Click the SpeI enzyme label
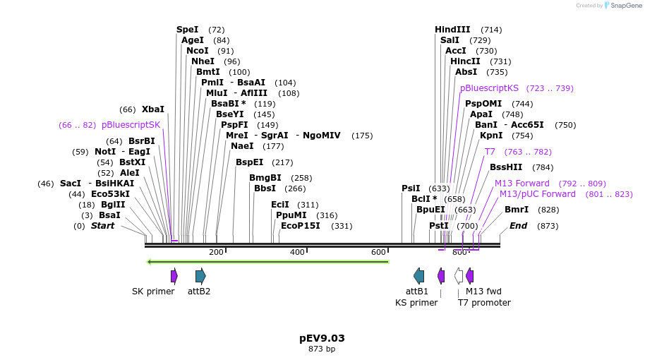187,30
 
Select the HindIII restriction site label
452,30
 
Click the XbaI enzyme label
152,109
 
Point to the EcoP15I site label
300,226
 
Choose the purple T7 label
490,152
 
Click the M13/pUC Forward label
537,194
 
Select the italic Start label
102,226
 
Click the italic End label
518,226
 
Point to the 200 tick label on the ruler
216,252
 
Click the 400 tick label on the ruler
297,252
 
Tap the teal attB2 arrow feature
200,276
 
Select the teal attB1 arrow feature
419,276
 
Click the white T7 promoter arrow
459,276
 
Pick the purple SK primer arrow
174,276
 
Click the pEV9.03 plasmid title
322,338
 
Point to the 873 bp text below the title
322,349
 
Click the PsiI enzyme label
411,188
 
